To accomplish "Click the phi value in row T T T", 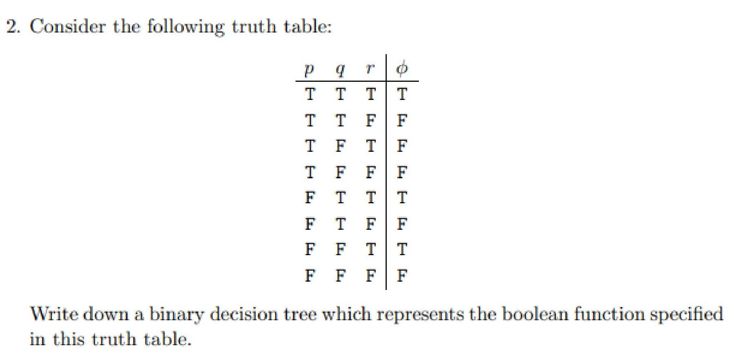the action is [x=402, y=94].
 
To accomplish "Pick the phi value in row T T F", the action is [x=402, y=120].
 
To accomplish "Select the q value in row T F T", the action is [x=340, y=146].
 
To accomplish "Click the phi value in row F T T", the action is [x=402, y=198].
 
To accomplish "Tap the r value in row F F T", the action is [x=370, y=249].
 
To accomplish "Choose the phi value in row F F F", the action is [x=402, y=275].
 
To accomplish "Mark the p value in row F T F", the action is [x=310, y=224].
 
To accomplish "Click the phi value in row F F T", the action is [x=402, y=249].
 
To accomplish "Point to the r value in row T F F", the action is [x=370, y=172].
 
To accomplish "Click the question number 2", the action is [x=13, y=26].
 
